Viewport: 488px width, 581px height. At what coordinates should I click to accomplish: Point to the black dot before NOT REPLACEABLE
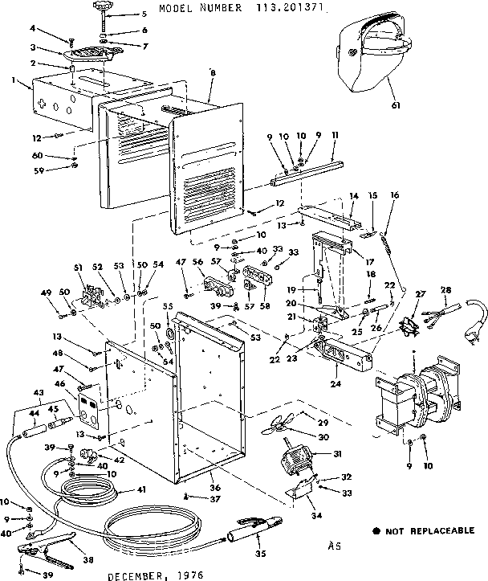(376, 531)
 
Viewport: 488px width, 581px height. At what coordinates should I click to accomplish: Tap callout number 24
(333, 384)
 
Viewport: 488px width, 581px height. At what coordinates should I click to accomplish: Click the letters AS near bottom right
(335, 545)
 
